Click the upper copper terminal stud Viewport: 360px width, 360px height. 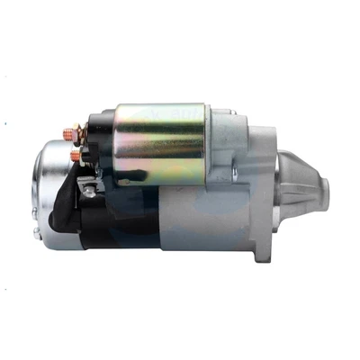pyautogui.click(x=67, y=135)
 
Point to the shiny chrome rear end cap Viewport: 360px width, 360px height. pyautogui.click(x=50, y=193)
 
